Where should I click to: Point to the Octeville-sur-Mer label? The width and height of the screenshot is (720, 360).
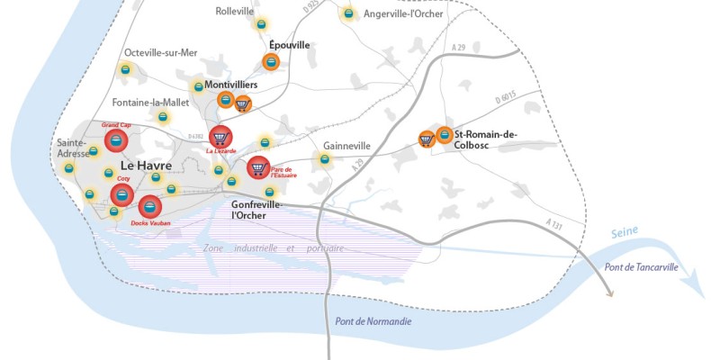tap(161, 53)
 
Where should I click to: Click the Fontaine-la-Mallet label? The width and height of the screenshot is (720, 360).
tap(151, 103)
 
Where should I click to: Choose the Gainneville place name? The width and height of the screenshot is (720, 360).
tap(346, 146)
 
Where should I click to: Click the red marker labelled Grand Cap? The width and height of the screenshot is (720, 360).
tap(116, 141)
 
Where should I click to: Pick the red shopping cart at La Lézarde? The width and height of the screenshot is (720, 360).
tap(220, 137)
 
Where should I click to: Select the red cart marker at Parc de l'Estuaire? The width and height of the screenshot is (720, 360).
tap(258, 167)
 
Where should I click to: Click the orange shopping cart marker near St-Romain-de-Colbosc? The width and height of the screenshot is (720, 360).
tap(427, 139)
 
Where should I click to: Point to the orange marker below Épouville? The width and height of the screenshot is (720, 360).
tap(270, 61)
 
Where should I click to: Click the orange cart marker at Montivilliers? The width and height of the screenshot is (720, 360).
tap(242, 103)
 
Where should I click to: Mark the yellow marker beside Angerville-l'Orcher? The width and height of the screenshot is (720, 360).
tap(347, 14)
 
